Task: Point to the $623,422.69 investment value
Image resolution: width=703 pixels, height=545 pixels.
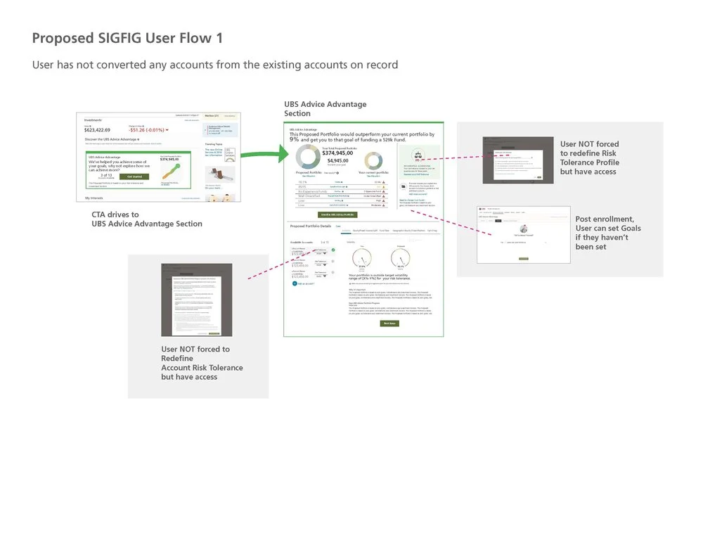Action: tap(97, 130)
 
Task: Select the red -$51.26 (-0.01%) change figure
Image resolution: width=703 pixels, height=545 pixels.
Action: tap(148, 130)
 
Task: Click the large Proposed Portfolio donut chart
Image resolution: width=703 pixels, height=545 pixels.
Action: tap(307, 157)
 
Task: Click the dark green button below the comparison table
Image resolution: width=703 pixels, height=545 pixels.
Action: tap(338, 214)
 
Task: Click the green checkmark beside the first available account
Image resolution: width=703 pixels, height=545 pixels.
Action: tap(333, 249)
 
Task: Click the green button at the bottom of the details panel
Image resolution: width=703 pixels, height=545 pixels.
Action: tap(389, 323)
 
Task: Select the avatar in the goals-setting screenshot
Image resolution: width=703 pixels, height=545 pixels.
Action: tap(524, 229)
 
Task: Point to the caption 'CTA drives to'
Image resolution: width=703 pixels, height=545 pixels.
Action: tap(115, 214)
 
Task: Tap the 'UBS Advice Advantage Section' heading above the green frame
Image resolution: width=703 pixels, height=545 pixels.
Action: tap(325, 109)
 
